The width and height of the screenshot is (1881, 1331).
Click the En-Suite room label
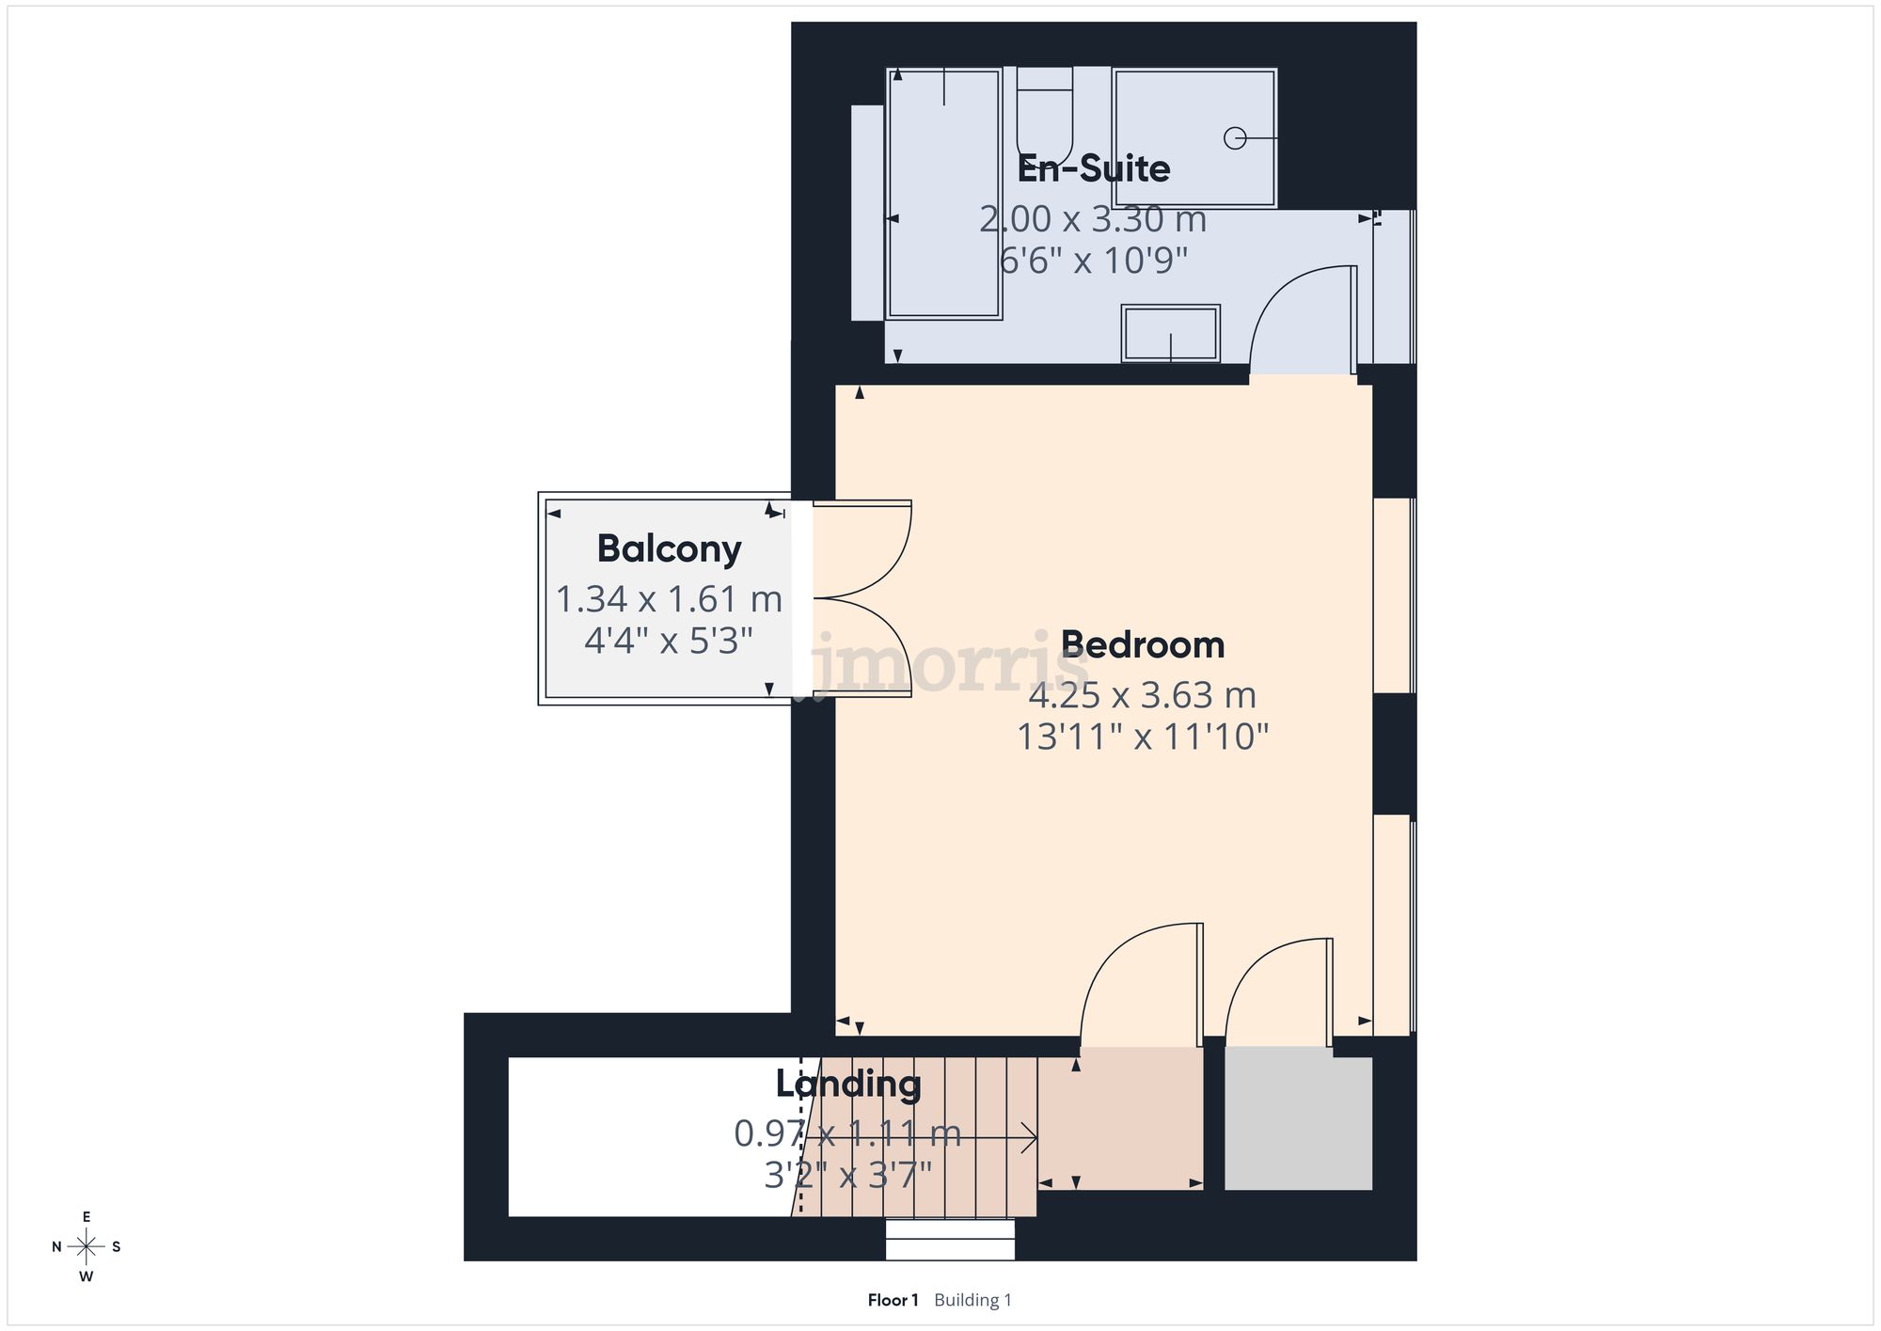click(1094, 169)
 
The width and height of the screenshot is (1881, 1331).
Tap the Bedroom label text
click(1143, 645)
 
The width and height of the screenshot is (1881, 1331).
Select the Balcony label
click(669, 548)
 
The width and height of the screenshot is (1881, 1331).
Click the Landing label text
click(848, 1084)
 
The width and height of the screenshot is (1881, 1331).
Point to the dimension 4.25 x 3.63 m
click(1142, 696)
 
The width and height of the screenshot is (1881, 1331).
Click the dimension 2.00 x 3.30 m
click(1093, 219)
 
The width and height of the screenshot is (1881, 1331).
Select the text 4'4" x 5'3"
click(669, 642)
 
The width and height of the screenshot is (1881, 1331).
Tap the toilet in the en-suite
click(1044, 118)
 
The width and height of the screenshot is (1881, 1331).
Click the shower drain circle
click(1235, 138)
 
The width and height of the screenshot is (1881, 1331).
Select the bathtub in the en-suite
click(944, 194)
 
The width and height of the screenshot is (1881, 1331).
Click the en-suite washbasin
click(1170, 333)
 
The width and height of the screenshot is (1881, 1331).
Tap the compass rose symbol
click(87, 1247)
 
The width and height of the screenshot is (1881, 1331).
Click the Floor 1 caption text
click(893, 1300)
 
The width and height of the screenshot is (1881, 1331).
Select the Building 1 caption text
click(972, 1300)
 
